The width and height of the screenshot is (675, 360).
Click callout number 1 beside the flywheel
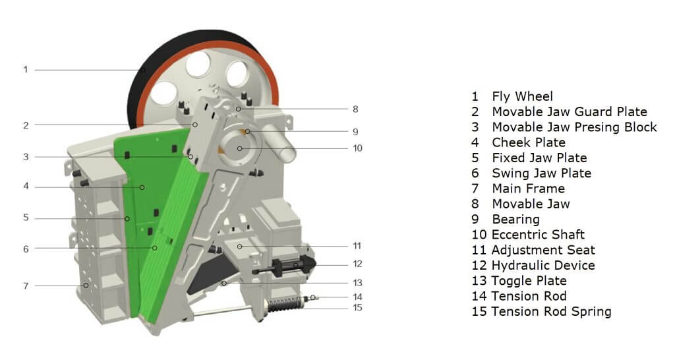tap(26, 69)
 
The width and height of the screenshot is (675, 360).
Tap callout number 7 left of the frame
tap(26, 285)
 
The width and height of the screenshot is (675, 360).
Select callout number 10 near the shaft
tap(357, 148)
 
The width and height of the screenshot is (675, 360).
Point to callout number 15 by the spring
tap(357, 307)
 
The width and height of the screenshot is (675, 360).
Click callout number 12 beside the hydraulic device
tap(357, 264)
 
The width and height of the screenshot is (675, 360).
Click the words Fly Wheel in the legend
tap(522, 96)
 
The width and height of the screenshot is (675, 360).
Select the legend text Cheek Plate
tap(528, 142)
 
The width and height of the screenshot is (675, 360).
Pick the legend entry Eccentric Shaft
tap(538, 235)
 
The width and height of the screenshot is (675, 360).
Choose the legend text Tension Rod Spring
tap(551, 311)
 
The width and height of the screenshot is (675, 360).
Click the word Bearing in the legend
tap(515, 220)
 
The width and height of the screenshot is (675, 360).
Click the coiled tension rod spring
tap(284, 305)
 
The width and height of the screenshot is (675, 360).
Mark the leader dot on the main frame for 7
tap(86, 285)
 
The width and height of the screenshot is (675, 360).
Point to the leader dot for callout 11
tap(240, 247)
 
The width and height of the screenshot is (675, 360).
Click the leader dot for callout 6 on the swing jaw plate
tap(154, 248)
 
